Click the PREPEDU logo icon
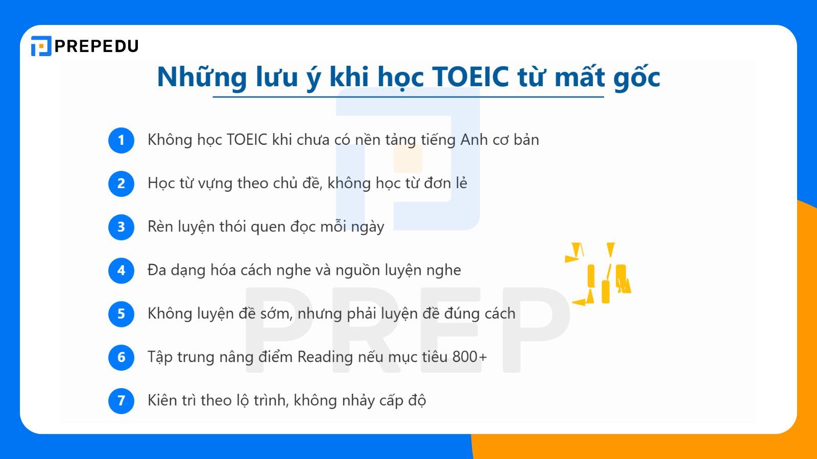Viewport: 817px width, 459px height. pyautogui.click(x=41, y=46)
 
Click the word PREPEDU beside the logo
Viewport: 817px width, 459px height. pyautogui.click(x=97, y=46)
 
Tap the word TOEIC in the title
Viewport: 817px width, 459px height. pyautogui.click(x=470, y=76)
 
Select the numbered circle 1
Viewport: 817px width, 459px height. pyautogui.click(x=121, y=140)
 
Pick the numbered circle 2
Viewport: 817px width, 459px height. pyautogui.click(x=121, y=184)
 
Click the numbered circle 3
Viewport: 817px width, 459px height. pyautogui.click(x=121, y=227)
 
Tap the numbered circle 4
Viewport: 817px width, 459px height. pyautogui.click(x=121, y=270)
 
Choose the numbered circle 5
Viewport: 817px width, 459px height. pyautogui.click(x=121, y=314)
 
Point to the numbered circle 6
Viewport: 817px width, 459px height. pyautogui.click(x=121, y=357)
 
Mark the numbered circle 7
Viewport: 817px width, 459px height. pyautogui.click(x=121, y=400)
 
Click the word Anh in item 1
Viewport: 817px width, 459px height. pyautogui.click(x=474, y=140)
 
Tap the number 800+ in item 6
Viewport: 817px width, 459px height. pyautogui.click(x=469, y=356)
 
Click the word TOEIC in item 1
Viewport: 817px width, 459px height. pyautogui.click(x=247, y=140)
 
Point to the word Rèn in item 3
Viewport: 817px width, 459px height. pyautogui.click(x=160, y=226)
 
